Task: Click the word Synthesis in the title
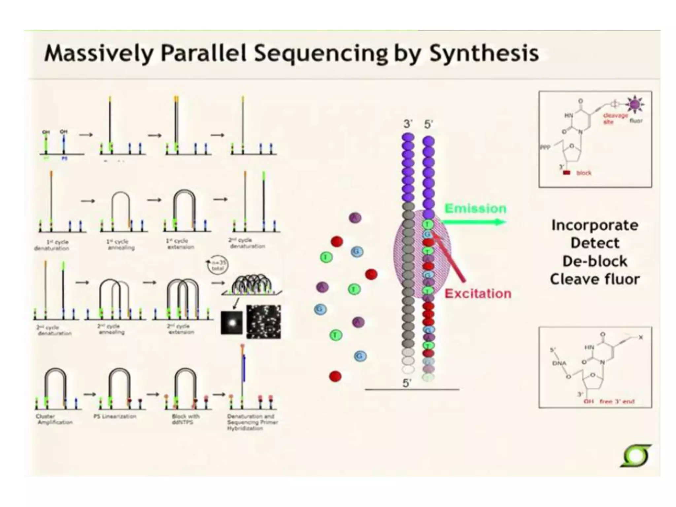pyautogui.click(x=484, y=53)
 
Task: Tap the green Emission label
pyautogui.click(x=475, y=209)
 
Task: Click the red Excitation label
pyautogui.click(x=478, y=293)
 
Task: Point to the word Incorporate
pyautogui.click(x=595, y=225)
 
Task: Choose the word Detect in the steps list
pyautogui.click(x=595, y=243)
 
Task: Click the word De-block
pyautogui.click(x=595, y=261)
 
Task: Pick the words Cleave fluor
pyautogui.click(x=595, y=280)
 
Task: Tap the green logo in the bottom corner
pyautogui.click(x=636, y=456)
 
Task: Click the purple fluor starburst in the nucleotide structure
pyautogui.click(x=634, y=105)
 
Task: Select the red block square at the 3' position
pyautogui.click(x=566, y=173)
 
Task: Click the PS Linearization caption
pyautogui.click(x=115, y=416)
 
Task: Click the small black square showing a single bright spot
pyautogui.click(x=231, y=322)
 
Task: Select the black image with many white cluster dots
pyautogui.click(x=263, y=322)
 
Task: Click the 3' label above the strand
pyautogui.click(x=408, y=124)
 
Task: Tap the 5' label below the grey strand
pyautogui.click(x=407, y=383)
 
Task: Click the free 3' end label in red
pyautogui.click(x=617, y=402)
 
